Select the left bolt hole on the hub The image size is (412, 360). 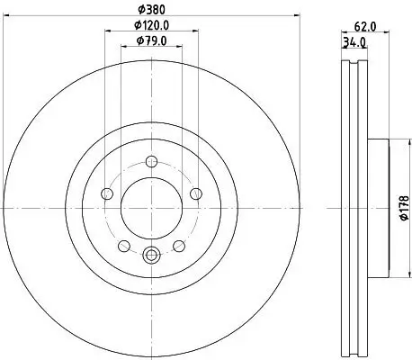108,193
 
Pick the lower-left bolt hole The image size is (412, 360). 124,245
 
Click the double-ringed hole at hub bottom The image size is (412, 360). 150,255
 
